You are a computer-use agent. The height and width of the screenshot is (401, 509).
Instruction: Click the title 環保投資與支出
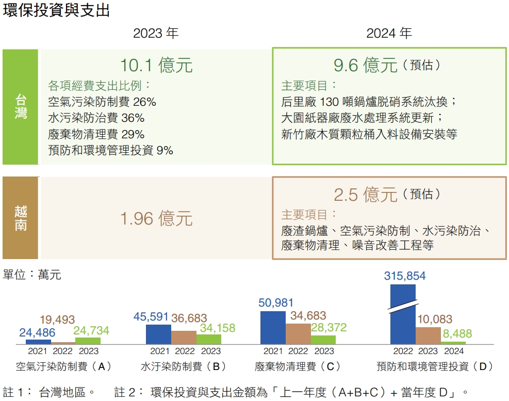(57, 10)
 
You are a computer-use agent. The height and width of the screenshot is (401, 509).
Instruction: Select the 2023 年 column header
(156, 34)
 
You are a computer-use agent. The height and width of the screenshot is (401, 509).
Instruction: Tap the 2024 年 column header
(389, 34)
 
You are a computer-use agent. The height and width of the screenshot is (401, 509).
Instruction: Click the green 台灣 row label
(21, 107)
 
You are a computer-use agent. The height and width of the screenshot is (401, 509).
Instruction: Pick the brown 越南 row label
(21, 218)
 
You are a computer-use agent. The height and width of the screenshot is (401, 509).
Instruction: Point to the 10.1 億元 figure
(156, 66)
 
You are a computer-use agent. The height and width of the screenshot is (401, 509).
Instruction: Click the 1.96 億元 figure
(156, 218)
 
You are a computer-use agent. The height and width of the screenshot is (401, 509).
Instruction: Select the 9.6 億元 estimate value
(366, 66)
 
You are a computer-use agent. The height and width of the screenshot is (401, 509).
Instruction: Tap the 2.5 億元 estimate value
(366, 195)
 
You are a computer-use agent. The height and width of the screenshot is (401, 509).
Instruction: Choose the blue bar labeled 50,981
(273, 328)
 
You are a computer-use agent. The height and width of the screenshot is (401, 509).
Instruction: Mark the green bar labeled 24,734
(88, 341)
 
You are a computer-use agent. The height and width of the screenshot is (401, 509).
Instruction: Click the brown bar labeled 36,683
(184, 338)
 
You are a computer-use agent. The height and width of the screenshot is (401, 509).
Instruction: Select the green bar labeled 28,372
(323, 340)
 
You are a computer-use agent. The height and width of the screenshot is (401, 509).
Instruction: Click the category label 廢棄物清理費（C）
(298, 367)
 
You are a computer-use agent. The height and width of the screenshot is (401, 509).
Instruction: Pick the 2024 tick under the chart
(454, 351)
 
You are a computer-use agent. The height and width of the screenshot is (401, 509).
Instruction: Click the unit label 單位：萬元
(32, 275)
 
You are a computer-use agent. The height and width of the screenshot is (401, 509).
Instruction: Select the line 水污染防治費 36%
(96, 117)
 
